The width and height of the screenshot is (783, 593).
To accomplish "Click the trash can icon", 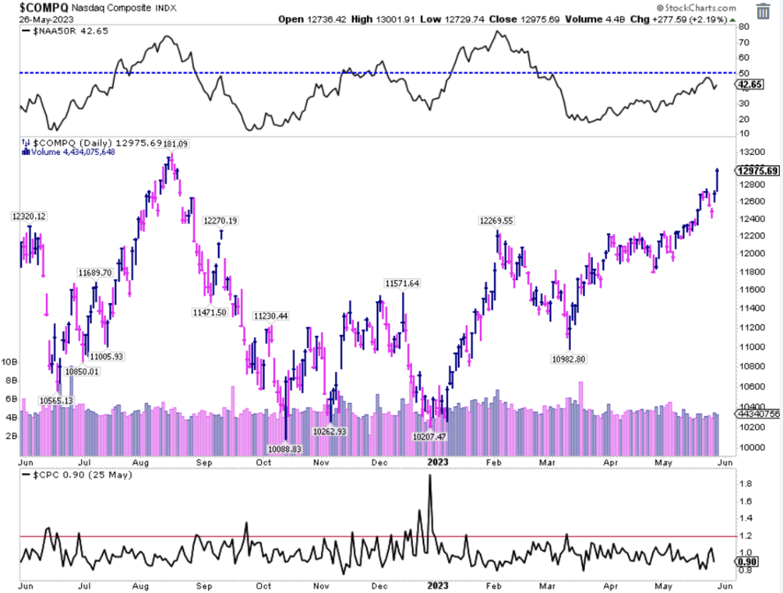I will click(x=764, y=11).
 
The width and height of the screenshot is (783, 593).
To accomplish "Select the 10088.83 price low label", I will click(x=285, y=449).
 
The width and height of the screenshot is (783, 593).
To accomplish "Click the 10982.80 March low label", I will click(x=569, y=359).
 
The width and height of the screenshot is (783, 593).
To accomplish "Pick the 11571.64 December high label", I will click(x=403, y=283).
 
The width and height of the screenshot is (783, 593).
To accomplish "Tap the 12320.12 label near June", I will click(x=28, y=216).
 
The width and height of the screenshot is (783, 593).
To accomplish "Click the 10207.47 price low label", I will click(x=430, y=436).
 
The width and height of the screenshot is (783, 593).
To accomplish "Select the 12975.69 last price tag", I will click(x=757, y=171).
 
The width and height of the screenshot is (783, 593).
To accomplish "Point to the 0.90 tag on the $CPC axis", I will click(x=746, y=562).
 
